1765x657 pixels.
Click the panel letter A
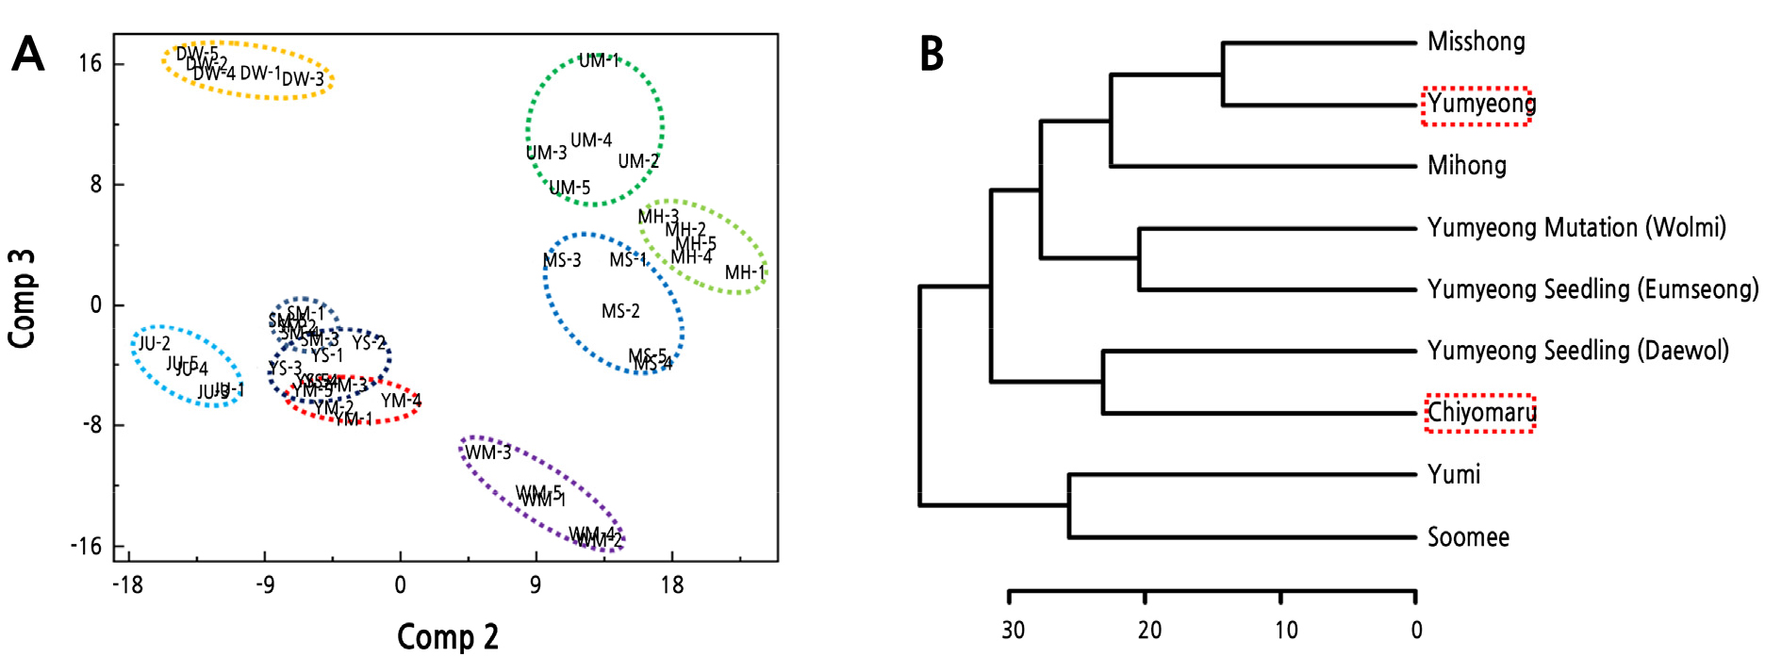coord(28,54)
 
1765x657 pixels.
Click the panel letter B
coord(932,54)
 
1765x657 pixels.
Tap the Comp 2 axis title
coord(447,636)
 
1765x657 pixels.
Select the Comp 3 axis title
coord(22,298)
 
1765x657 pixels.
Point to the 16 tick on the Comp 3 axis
coord(91,64)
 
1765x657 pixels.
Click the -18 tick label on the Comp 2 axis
coord(127,585)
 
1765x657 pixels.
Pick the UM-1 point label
coord(599,61)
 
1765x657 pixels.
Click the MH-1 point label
coord(745,272)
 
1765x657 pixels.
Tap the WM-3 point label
coord(488,452)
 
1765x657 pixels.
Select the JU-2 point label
coord(155,344)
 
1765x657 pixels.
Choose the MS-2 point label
coord(620,311)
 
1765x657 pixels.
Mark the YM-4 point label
coord(401,401)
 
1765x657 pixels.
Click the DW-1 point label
coord(260,73)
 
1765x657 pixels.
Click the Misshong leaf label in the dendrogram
coord(1476,41)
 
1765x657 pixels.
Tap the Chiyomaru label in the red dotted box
coord(1481,413)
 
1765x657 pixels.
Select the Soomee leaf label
coord(1468,537)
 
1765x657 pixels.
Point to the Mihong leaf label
coord(1467,166)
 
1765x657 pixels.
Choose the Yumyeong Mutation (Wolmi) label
coord(1576,228)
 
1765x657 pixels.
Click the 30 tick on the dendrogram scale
coord(1013,629)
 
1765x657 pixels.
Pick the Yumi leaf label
coord(1454,474)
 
